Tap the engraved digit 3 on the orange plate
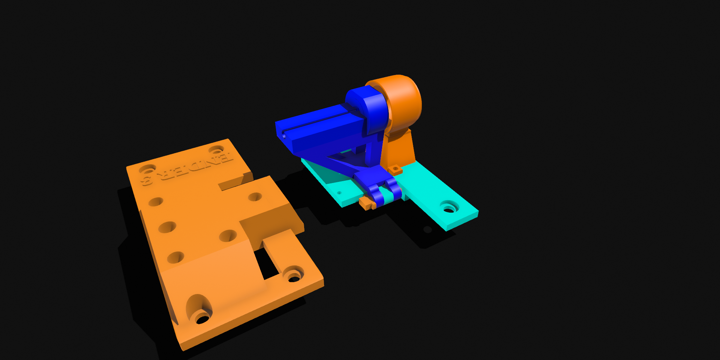pos(147,181)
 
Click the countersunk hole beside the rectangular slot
pos(293,275)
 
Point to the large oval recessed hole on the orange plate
pos(199,309)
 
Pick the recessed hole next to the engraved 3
pos(147,169)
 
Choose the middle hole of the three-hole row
pos(167,227)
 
